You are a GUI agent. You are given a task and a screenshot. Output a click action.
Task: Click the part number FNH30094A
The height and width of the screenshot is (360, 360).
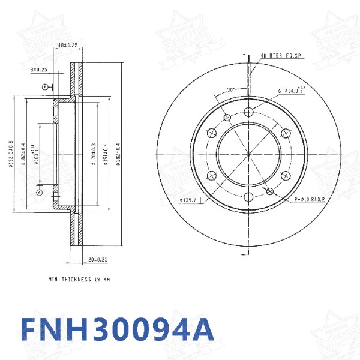117,329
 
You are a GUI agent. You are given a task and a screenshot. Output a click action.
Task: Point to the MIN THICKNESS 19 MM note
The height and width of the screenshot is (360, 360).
79,280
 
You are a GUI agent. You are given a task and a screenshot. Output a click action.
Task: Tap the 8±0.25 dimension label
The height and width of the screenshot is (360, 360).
39,70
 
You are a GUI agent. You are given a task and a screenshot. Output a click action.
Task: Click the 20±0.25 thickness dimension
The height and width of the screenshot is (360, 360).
97,260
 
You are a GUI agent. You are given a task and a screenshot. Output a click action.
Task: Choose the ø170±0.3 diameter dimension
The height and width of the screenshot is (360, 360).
94,154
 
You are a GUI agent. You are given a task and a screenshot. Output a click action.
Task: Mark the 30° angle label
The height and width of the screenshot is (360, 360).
230,90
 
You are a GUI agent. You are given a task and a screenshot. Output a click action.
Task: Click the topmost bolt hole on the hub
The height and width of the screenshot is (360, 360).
249,111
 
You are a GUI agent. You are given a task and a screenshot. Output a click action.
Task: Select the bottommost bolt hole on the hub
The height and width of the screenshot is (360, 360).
249,196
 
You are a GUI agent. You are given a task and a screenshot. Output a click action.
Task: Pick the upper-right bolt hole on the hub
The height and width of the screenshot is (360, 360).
286,133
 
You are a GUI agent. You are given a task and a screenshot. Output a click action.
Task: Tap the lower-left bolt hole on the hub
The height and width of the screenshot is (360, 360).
212,175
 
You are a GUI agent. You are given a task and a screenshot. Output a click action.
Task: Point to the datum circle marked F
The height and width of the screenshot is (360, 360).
44,88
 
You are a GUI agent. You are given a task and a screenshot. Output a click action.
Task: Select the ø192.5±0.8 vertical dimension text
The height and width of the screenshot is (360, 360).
11,154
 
